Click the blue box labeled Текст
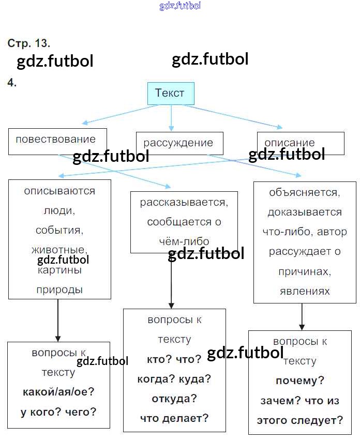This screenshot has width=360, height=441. pyautogui.click(x=171, y=94)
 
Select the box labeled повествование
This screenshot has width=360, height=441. pyautogui.click(x=57, y=141)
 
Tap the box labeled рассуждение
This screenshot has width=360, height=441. pyautogui.click(x=179, y=143)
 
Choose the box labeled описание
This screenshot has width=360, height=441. pyautogui.click(x=300, y=143)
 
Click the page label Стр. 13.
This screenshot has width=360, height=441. pyautogui.click(x=28, y=43)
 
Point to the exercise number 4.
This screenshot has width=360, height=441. pyautogui.click(x=12, y=82)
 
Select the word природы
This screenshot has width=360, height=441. pyautogui.click(x=59, y=290)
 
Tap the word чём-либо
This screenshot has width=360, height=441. pyautogui.click(x=184, y=241)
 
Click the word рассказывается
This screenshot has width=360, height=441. pyautogui.click(x=184, y=202)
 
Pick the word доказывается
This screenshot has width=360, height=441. pyautogui.click(x=305, y=212)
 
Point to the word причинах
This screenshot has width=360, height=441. pyautogui.click(x=304, y=271)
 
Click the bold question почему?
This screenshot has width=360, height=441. pyautogui.click(x=300, y=381)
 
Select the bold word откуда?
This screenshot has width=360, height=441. pyautogui.click(x=174, y=399)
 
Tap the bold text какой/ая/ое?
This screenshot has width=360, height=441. pyautogui.click(x=58, y=392)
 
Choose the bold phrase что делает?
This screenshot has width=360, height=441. pyautogui.click(x=174, y=418)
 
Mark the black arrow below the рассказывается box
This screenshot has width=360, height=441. pyautogui.click(x=171, y=282)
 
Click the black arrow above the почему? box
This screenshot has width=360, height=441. pyautogui.click(x=302, y=316)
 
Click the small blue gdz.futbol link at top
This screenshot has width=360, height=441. pyautogui.click(x=180, y=6)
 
